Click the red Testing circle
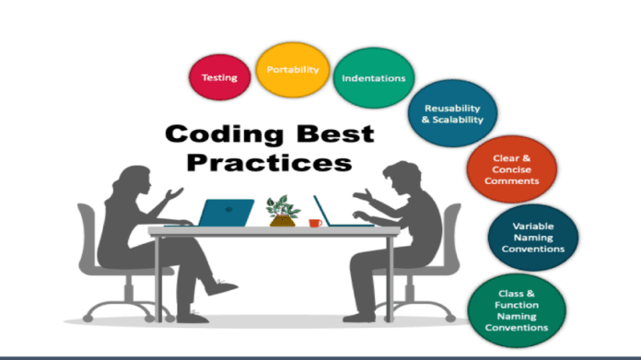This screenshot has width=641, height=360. (x=219, y=77)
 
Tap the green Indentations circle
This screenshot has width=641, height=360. (x=373, y=78)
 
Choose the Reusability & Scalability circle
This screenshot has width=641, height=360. (x=453, y=114)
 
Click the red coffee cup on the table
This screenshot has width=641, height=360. (x=315, y=223)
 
